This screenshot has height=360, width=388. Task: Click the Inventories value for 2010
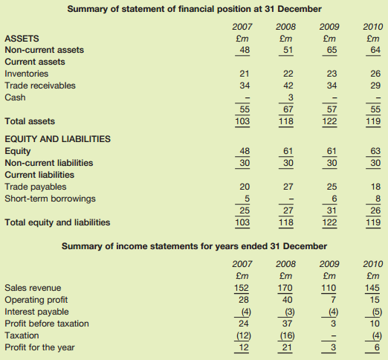(375, 74)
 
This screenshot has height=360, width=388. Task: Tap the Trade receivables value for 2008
(285, 86)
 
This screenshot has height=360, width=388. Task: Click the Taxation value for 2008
(285, 335)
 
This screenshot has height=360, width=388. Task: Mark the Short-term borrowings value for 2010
(376, 198)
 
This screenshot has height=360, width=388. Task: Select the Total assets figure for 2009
(329, 121)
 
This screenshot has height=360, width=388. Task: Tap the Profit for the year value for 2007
(242, 347)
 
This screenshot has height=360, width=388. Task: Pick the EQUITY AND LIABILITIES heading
(57, 138)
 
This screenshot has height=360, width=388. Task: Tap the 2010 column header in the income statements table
(373, 263)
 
